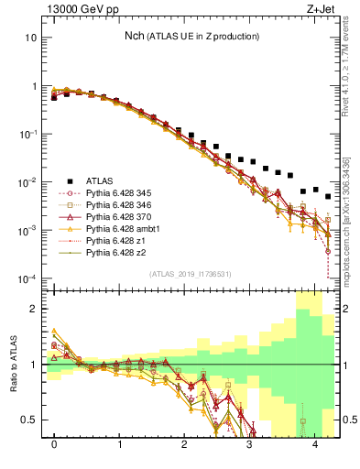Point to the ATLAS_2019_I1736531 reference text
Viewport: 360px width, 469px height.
point(191,274)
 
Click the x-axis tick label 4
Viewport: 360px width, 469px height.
point(316,445)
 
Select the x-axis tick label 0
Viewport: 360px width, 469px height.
point(54,445)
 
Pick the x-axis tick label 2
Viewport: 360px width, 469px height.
point(185,445)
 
